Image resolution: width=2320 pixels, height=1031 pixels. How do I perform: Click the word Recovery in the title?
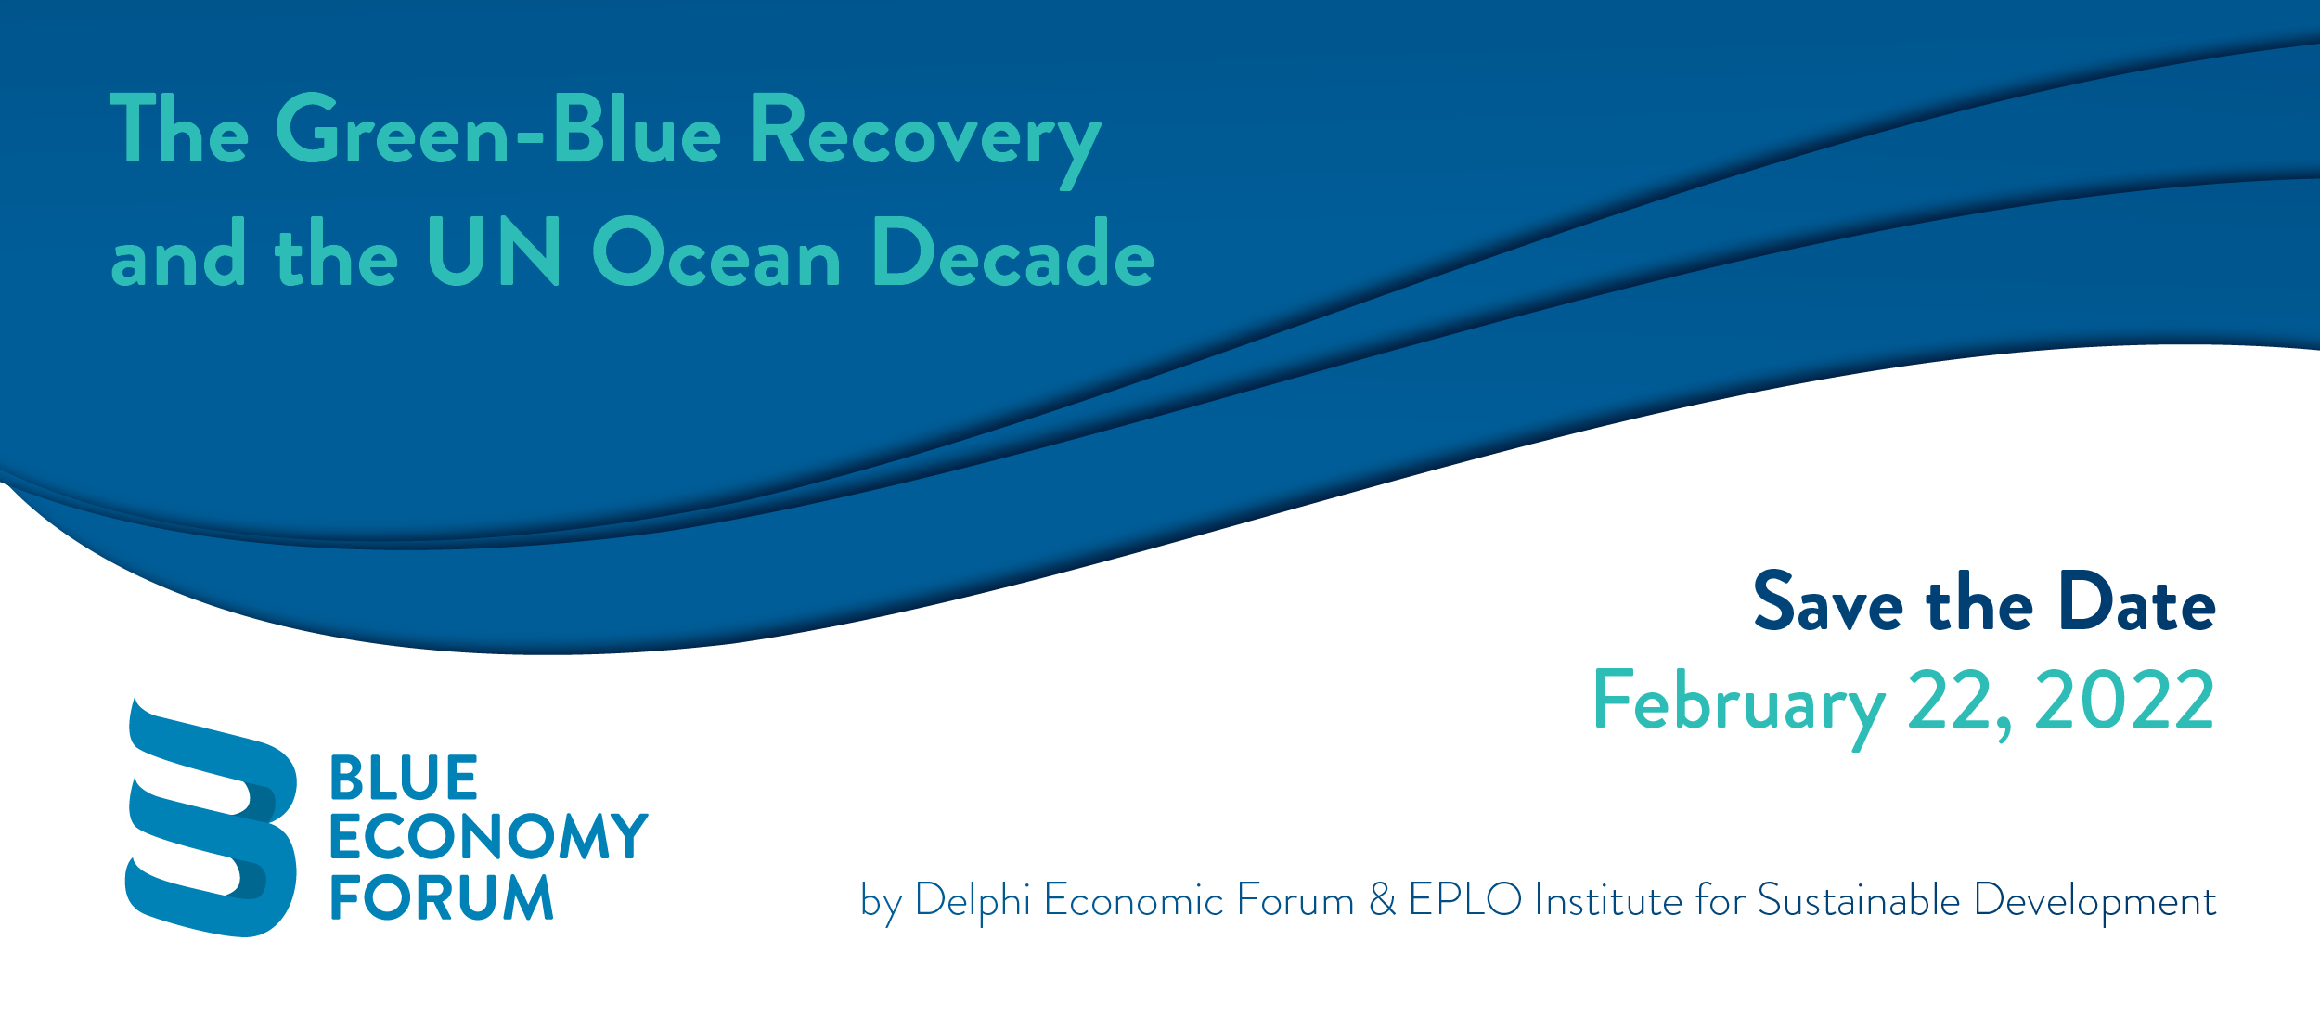tap(925, 138)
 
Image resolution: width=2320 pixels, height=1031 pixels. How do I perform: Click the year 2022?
tap(2124, 700)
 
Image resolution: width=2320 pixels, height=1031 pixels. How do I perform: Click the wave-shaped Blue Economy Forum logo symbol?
tap(212, 817)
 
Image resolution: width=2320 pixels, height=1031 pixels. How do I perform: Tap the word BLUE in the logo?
tap(404, 778)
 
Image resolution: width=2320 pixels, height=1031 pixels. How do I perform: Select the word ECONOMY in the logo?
tap(489, 836)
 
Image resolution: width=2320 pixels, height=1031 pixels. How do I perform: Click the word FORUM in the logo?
tap(442, 896)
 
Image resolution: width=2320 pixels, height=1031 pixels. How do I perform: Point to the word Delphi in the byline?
tap(973, 901)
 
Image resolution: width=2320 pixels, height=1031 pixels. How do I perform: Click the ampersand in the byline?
tap(1382, 899)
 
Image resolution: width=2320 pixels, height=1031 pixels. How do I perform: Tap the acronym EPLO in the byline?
tap(1465, 899)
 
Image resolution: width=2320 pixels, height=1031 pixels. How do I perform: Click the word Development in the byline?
tap(2094, 901)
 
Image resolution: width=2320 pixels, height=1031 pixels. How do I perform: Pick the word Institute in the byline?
tap(1608, 899)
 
